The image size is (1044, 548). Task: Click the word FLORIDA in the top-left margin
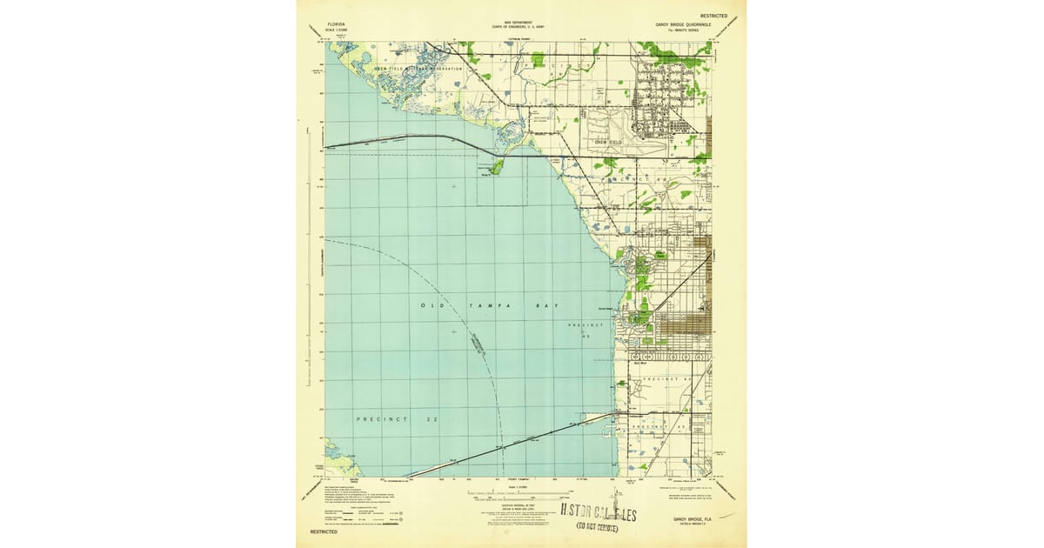pos(335,26)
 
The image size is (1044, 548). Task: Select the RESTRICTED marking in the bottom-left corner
pos(323,531)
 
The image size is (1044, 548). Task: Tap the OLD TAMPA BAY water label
pos(490,305)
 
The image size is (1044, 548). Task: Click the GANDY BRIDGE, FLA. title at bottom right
pos(693,519)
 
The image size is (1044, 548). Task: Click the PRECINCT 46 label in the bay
pos(585,329)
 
